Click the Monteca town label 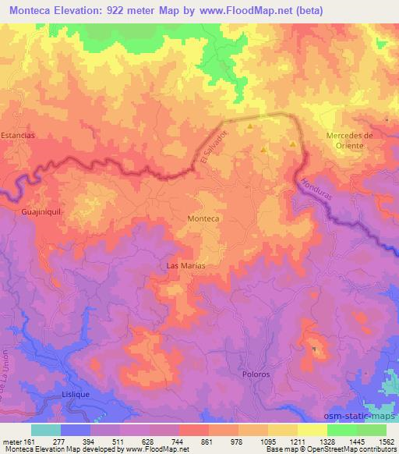(203, 220)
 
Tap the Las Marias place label (186, 266)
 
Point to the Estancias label (18, 135)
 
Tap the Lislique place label (76, 395)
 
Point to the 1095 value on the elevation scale (269, 441)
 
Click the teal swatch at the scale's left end (46, 430)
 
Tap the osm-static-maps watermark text (364, 416)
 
